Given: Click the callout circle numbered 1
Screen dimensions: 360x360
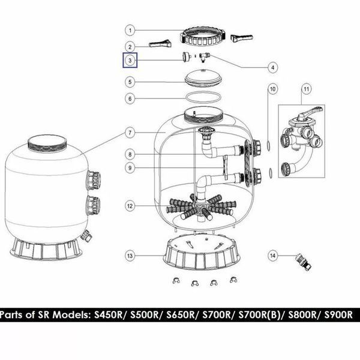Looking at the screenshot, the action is [x=130, y=31].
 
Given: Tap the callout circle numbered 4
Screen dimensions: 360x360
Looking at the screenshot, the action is [x=273, y=68].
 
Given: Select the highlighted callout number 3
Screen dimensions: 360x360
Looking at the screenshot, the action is [x=130, y=61].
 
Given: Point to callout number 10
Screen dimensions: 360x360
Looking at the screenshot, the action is [x=273, y=89].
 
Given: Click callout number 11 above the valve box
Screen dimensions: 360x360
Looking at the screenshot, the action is [x=306, y=89].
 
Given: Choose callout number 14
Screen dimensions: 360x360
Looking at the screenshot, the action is [x=273, y=256].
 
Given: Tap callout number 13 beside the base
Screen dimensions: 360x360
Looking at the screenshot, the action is [x=130, y=256].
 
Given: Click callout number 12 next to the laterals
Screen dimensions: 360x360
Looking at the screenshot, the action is [x=130, y=206].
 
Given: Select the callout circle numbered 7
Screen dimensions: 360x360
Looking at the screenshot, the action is [x=130, y=133].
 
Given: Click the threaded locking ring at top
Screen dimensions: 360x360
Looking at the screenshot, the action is [x=203, y=36].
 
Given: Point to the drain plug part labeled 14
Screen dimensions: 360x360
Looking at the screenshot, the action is [x=303, y=262].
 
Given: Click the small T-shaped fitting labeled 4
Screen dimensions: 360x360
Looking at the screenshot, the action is [x=205, y=57].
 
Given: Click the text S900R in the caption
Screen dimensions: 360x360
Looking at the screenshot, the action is [x=338, y=315].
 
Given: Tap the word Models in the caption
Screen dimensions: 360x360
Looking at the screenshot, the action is [x=71, y=315].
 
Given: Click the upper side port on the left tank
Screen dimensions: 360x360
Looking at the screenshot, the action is [x=94, y=180].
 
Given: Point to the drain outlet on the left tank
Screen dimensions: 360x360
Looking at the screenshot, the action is [x=86, y=235].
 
